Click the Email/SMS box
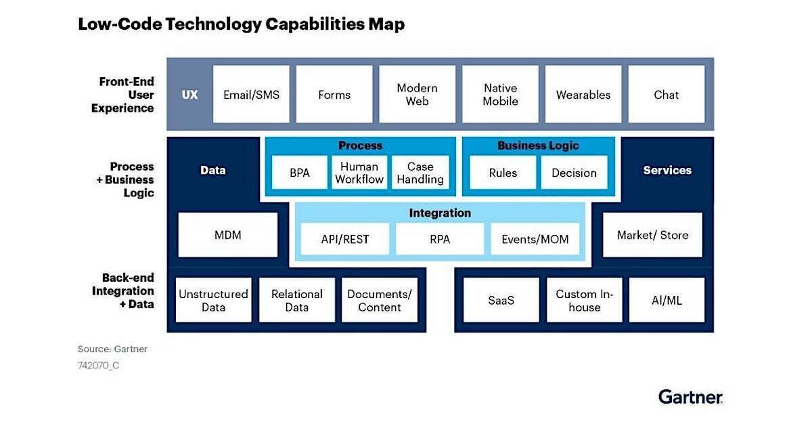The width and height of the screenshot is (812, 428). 251,95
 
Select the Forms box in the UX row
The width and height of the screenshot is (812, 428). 334,95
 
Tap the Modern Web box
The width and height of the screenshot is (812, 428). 417,95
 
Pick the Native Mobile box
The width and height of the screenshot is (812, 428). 500,95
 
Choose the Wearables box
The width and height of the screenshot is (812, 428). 583,95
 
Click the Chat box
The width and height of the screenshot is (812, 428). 666,95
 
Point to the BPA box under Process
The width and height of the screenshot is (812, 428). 299,173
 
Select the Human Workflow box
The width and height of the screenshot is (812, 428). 359,173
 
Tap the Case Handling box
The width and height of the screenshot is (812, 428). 420,173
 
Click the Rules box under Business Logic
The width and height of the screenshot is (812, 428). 503,173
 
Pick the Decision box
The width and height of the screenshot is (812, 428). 574,173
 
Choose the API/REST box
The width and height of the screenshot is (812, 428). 345,239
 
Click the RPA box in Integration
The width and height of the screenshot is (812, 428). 440,239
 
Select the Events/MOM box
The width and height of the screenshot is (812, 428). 535,239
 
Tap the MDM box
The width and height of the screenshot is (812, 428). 227,235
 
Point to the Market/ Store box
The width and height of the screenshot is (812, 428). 652,235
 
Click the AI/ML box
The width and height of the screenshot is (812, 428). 666,300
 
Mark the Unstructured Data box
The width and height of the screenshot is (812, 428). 213,300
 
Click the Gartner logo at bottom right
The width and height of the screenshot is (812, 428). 690,397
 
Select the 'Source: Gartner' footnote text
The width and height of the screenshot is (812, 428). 112,349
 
